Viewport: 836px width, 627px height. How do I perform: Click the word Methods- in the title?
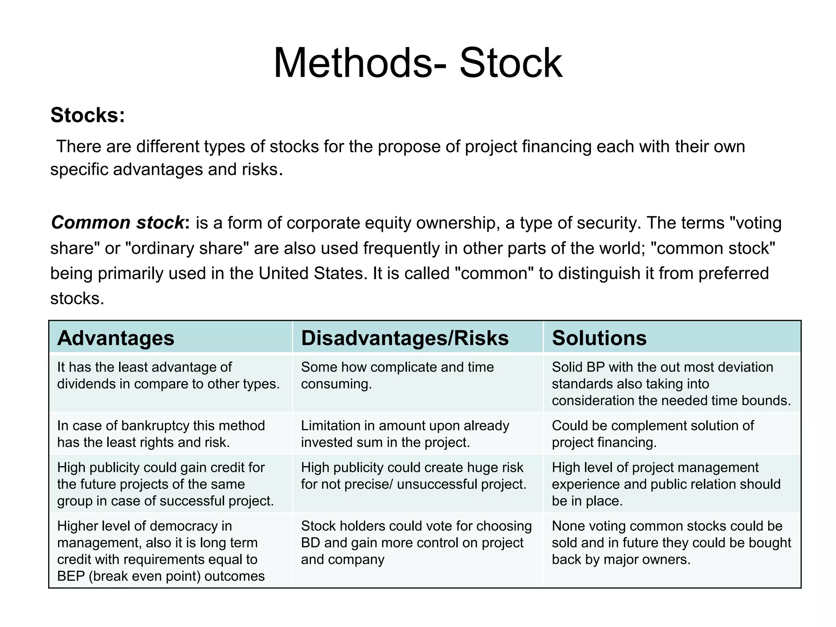coord(360,63)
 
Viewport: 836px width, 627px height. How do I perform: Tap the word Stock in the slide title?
coord(511,63)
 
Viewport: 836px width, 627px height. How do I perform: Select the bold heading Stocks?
coord(87,115)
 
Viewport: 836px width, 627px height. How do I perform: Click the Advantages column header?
coord(116,338)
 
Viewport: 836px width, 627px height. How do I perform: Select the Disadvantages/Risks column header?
coord(405,338)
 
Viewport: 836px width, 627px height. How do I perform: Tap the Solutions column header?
coord(599,338)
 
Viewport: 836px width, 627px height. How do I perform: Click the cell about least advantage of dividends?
coord(168,376)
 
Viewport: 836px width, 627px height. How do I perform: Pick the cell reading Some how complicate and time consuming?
coord(397,376)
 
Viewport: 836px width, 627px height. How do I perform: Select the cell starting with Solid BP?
coord(671,384)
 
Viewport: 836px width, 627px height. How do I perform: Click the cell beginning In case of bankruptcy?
coord(161,434)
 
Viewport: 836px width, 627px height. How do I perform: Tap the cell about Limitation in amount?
coord(405,434)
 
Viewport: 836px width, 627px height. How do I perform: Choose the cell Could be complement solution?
coord(652,434)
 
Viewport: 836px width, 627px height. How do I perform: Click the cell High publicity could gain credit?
coord(165,484)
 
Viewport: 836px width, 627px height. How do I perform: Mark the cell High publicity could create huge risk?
coord(414,476)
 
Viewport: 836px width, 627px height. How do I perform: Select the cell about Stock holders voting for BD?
coord(416,543)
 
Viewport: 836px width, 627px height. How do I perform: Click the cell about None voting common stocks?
coord(671,543)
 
